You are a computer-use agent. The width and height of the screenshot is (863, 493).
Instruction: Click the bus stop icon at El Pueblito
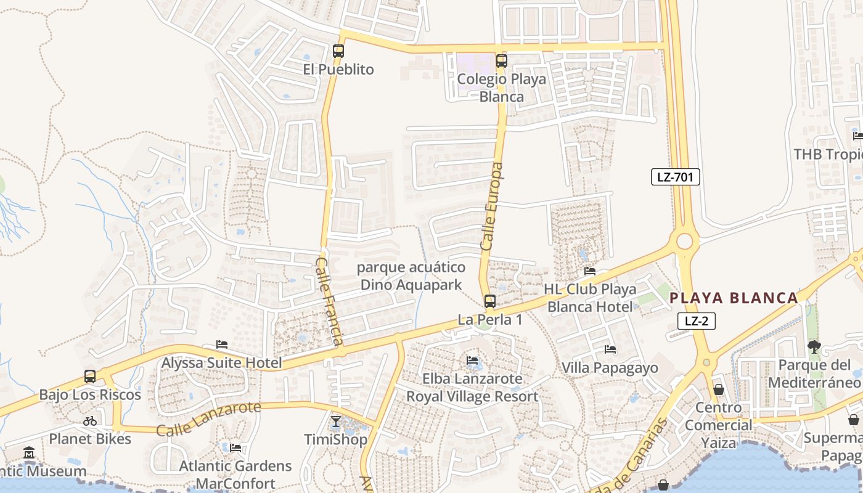(x=338, y=51)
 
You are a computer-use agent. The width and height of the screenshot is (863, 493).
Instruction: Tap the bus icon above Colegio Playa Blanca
(x=502, y=60)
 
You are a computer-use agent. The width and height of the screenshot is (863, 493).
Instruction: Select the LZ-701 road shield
(x=676, y=177)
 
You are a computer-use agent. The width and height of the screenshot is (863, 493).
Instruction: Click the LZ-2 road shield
(x=696, y=320)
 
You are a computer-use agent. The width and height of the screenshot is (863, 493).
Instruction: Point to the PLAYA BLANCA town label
(x=734, y=298)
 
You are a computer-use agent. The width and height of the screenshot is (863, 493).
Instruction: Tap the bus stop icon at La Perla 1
(x=490, y=301)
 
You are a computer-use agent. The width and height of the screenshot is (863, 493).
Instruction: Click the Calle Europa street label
(x=492, y=206)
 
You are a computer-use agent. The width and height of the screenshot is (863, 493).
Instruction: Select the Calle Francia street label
(x=329, y=301)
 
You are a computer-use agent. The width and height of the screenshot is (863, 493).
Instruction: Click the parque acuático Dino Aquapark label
(x=411, y=276)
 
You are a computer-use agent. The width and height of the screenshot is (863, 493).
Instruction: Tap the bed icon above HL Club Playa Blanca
(x=590, y=271)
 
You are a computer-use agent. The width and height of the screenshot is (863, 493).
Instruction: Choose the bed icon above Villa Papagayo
(x=610, y=349)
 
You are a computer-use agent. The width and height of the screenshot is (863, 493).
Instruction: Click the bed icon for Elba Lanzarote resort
(x=472, y=360)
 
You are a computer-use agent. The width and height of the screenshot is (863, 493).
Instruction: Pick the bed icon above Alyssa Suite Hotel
(x=222, y=344)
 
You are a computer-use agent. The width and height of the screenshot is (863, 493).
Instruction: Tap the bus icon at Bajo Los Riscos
(x=90, y=377)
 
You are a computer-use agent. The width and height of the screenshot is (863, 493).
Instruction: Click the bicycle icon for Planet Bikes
(x=90, y=422)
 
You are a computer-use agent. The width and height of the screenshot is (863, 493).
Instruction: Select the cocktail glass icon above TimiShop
(x=335, y=422)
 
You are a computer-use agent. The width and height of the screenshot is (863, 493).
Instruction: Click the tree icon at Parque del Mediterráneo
(x=814, y=346)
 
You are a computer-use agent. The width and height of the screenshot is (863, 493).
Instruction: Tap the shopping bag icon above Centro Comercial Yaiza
(x=719, y=389)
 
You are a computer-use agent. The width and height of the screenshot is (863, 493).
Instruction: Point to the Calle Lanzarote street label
(x=208, y=419)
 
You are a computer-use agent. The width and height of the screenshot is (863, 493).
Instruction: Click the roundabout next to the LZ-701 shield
(x=685, y=241)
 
